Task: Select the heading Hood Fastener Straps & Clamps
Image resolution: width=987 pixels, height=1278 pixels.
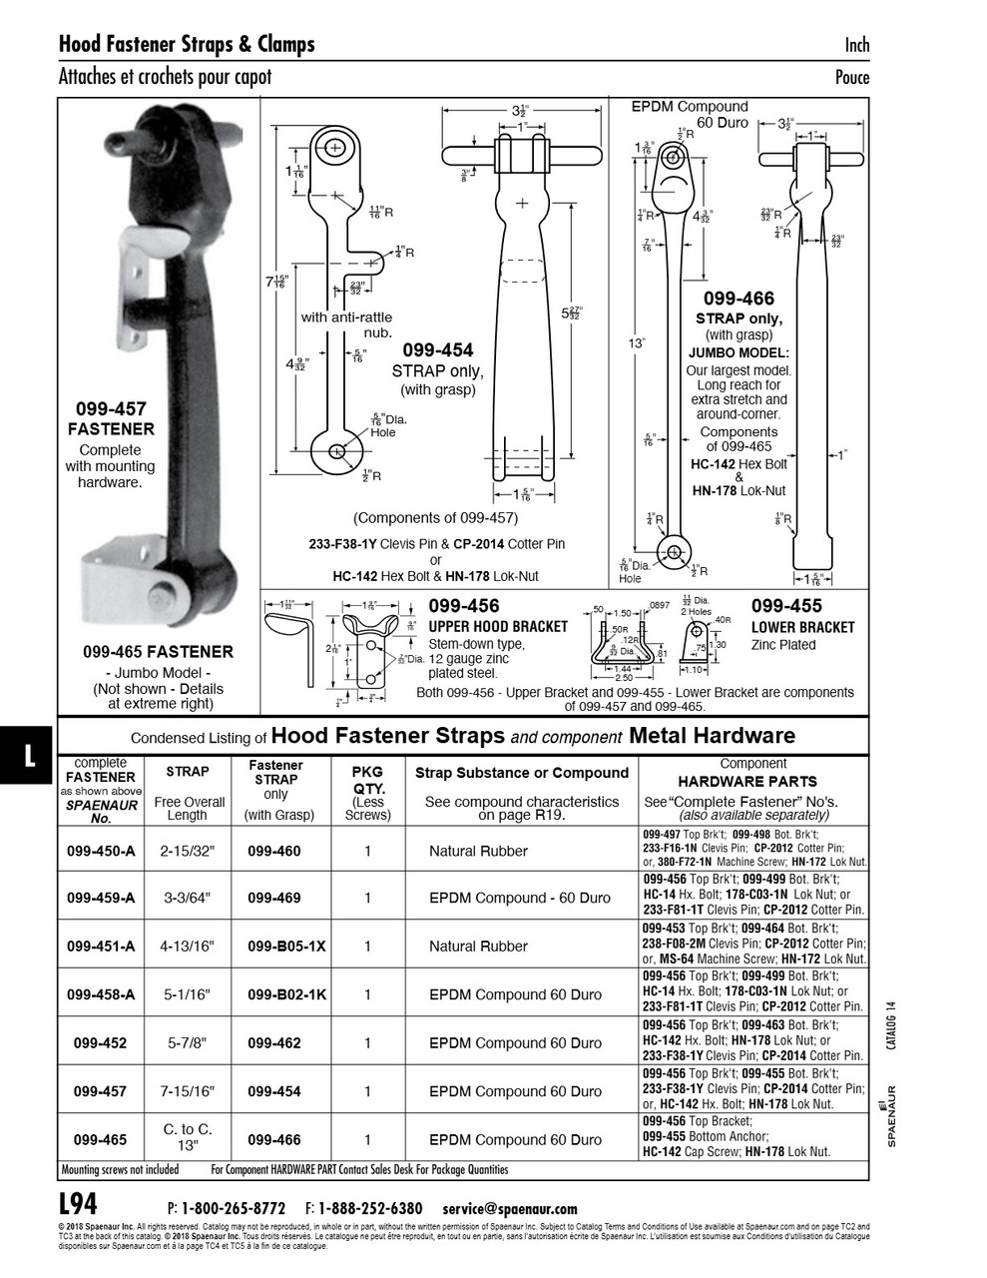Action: point(187,44)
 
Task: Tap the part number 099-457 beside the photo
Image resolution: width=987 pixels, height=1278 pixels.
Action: point(110,408)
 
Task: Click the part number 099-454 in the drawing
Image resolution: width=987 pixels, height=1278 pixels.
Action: point(437,350)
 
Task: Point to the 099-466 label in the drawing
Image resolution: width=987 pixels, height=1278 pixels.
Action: point(738,299)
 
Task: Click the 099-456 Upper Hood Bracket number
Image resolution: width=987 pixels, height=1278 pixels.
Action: point(464,606)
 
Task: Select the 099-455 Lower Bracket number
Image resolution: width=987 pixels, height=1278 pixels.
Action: point(786,606)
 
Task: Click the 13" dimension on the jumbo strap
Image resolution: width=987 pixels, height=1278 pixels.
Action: point(637,343)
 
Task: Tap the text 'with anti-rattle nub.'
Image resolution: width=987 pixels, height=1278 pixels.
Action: point(346,324)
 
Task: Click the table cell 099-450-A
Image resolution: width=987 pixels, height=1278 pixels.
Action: point(100,852)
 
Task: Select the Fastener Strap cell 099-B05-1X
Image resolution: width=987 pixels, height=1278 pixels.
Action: point(286,947)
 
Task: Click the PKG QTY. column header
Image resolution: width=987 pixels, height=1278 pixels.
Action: point(366,780)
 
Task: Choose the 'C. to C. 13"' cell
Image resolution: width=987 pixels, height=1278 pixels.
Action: point(188,1138)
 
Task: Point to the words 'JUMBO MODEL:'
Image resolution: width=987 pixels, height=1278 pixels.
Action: point(739,352)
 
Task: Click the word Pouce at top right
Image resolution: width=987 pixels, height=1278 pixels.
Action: point(851,78)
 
